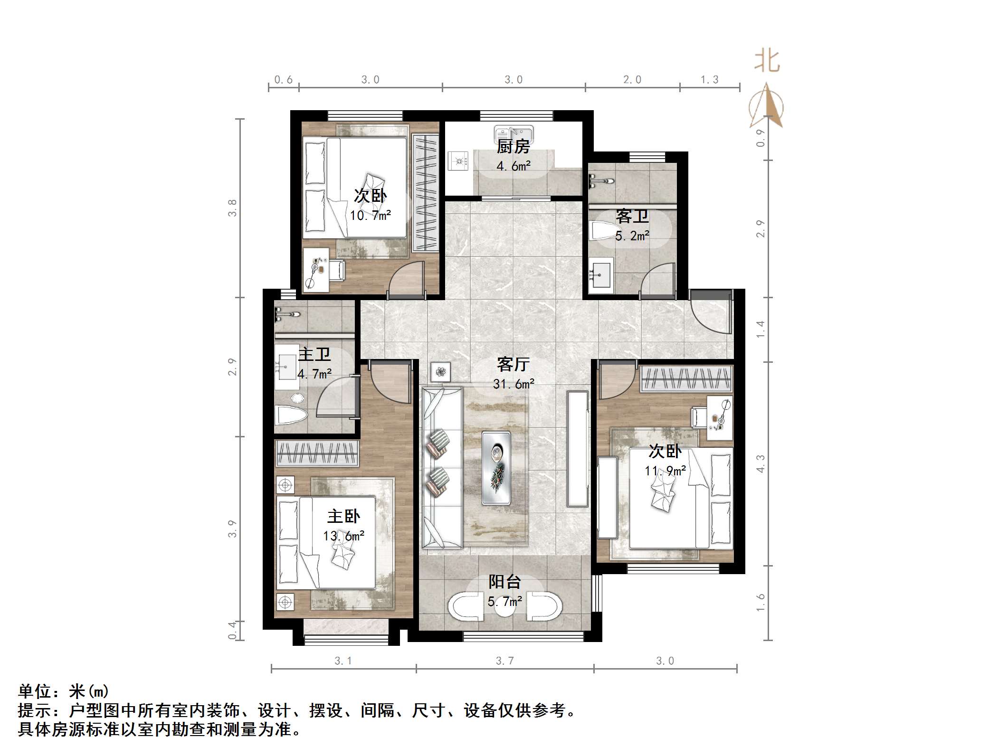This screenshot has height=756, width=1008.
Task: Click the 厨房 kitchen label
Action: (x=513, y=147)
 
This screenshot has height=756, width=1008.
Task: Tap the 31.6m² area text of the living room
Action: (x=514, y=384)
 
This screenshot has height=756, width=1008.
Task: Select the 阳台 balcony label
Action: (x=504, y=582)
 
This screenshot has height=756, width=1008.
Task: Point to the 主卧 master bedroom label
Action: (x=343, y=517)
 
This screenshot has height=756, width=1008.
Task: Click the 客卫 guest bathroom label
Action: (x=632, y=217)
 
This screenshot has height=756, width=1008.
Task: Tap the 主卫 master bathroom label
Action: (x=314, y=355)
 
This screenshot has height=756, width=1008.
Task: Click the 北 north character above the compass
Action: (x=767, y=62)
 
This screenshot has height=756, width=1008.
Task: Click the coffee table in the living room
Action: (x=496, y=467)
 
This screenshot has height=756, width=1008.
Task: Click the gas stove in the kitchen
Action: (x=458, y=161)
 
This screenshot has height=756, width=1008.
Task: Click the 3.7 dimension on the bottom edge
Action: (x=504, y=661)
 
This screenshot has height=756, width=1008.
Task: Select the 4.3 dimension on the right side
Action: (x=761, y=464)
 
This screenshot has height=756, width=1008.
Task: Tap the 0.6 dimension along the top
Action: (x=284, y=80)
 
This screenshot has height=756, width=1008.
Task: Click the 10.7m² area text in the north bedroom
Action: (x=371, y=216)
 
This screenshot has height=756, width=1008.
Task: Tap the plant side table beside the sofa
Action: (x=440, y=372)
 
